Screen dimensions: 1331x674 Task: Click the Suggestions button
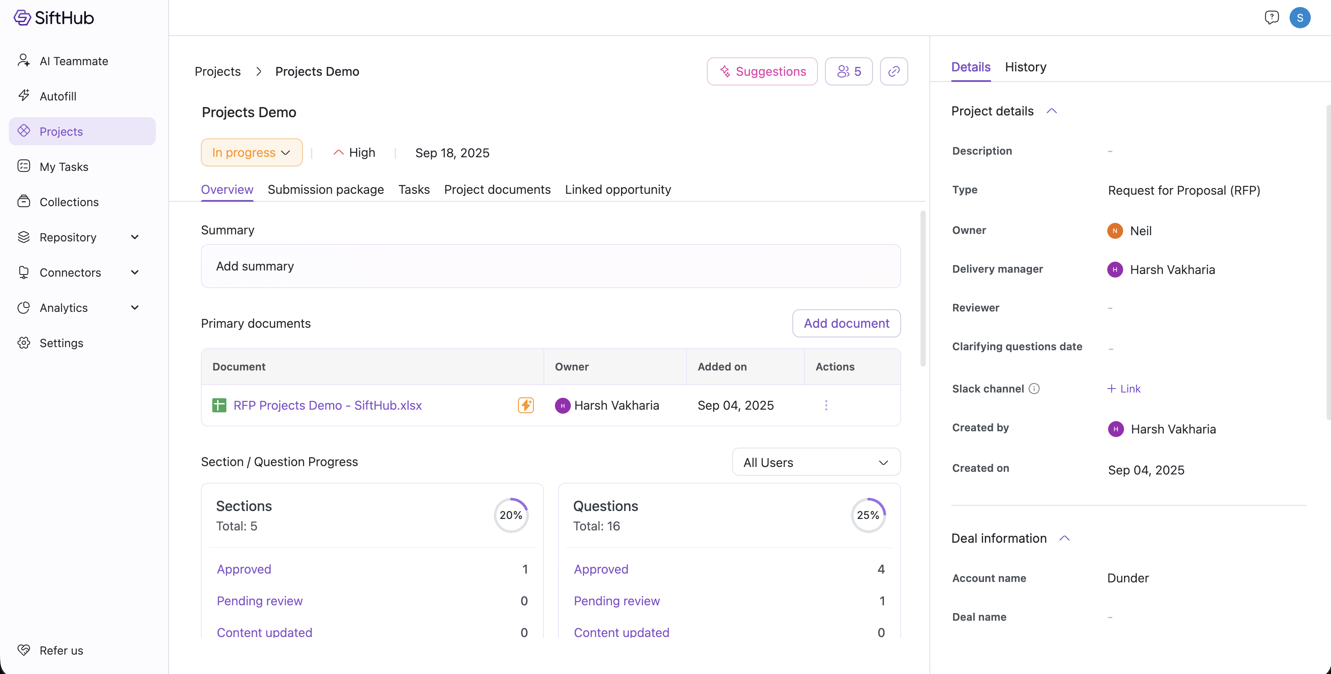pos(762,71)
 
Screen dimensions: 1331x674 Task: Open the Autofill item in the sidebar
pos(58,96)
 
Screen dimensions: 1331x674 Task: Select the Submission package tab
pos(325,190)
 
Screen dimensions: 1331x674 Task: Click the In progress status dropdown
pos(251,152)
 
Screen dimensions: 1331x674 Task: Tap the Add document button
pos(847,323)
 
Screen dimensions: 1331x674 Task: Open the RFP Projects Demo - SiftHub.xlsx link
pos(328,405)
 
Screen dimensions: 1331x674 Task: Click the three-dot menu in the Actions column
pos(826,405)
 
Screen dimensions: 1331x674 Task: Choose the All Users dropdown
pos(816,462)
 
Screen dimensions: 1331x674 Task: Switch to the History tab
pos(1025,67)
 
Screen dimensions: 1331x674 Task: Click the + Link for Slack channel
pos(1124,389)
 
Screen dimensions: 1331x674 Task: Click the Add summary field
pos(551,266)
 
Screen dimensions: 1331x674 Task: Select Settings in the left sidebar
pos(61,343)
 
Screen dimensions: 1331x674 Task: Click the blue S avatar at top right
pos(1299,18)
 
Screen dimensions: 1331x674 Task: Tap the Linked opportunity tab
pos(618,190)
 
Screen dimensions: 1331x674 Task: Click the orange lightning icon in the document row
pos(525,405)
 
